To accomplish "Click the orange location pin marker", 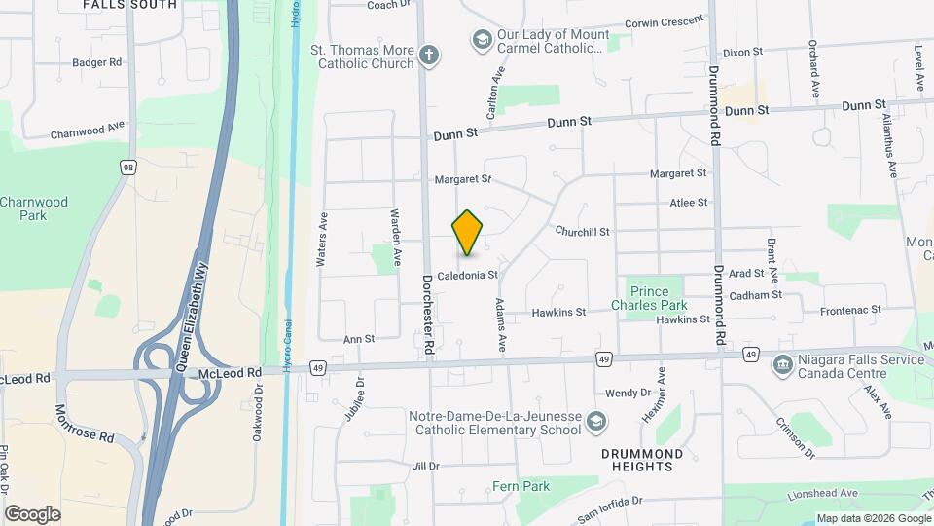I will (x=468, y=233).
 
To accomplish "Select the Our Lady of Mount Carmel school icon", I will (x=481, y=40).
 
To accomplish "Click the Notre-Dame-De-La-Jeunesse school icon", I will (x=596, y=422).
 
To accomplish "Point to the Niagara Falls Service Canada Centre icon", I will (x=781, y=366).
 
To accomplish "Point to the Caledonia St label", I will (x=467, y=276).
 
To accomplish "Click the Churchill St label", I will (x=582, y=232).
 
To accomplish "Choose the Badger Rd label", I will (x=96, y=62).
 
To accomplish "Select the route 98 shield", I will (x=128, y=168).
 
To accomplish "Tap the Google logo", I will (x=32, y=513).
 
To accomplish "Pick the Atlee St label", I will (x=688, y=203).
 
